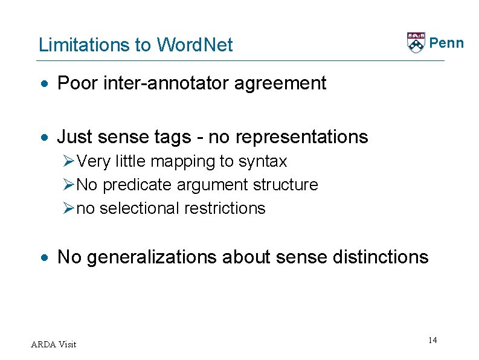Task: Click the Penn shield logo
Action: (416, 43)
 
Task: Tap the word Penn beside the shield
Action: (446, 43)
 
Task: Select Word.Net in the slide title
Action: (194, 45)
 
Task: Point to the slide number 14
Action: (432, 341)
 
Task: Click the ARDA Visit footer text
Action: (54, 344)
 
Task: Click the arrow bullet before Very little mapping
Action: (68, 162)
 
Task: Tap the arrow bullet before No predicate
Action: (68, 185)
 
